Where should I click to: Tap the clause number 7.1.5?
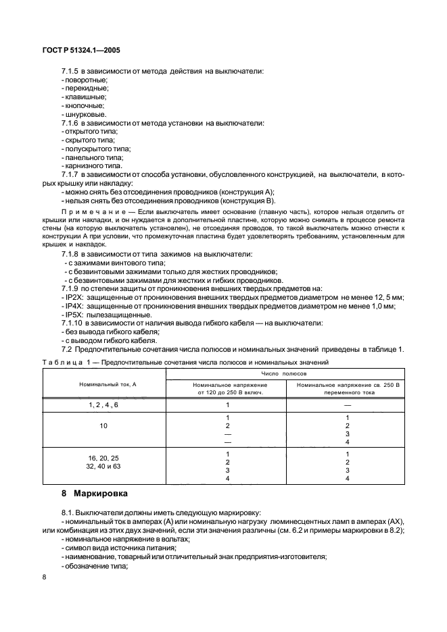(x=71, y=71)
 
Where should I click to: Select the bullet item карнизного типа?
(x=93, y=166)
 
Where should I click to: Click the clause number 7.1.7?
(x=71, y=175)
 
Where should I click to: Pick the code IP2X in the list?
(x=72, y=297)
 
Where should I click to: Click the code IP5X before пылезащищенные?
(x=72, y=315)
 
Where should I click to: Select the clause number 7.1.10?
(x=73, y=323)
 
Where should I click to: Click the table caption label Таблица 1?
(x=67, y=363)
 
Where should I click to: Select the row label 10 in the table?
(x=103, y=427)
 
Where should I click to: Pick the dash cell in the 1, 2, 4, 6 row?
(x=347, y=404)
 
